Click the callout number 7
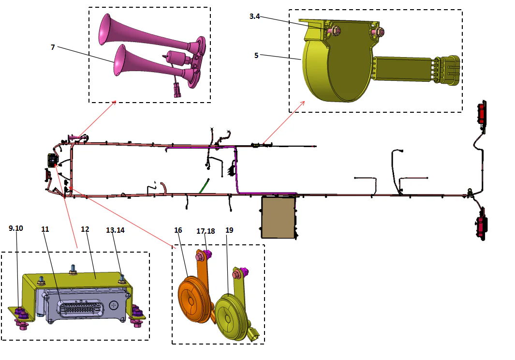53,47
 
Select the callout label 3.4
255,16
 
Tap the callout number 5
256,55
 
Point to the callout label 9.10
15,229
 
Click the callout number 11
45,229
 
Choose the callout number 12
85,229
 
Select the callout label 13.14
115,230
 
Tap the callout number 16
178,230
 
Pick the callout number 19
229,230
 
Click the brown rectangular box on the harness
279,217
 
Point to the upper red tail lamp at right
482,114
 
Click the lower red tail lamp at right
482,226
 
